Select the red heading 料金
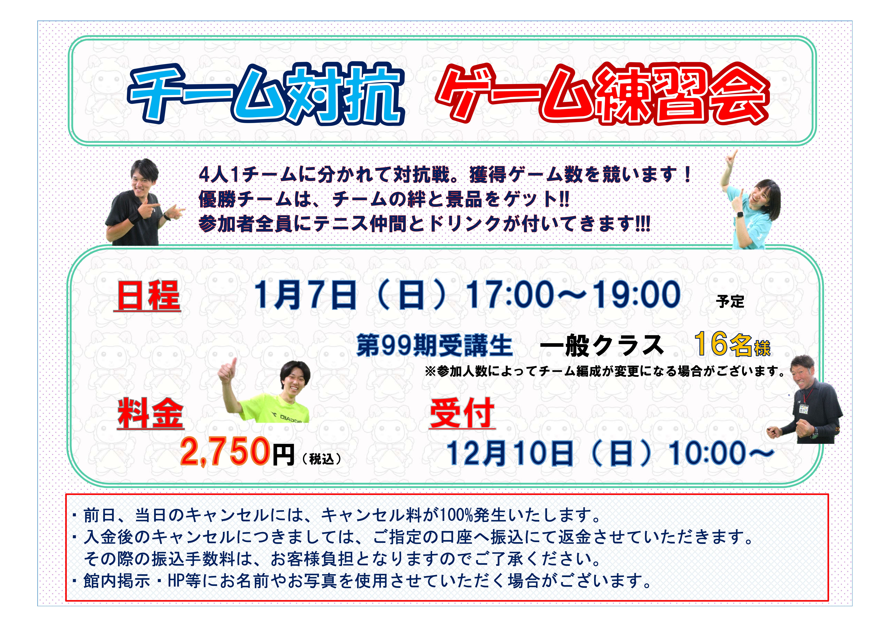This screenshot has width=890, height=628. (x=150, y=414)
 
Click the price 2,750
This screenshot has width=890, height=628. (x=225, y=451)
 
